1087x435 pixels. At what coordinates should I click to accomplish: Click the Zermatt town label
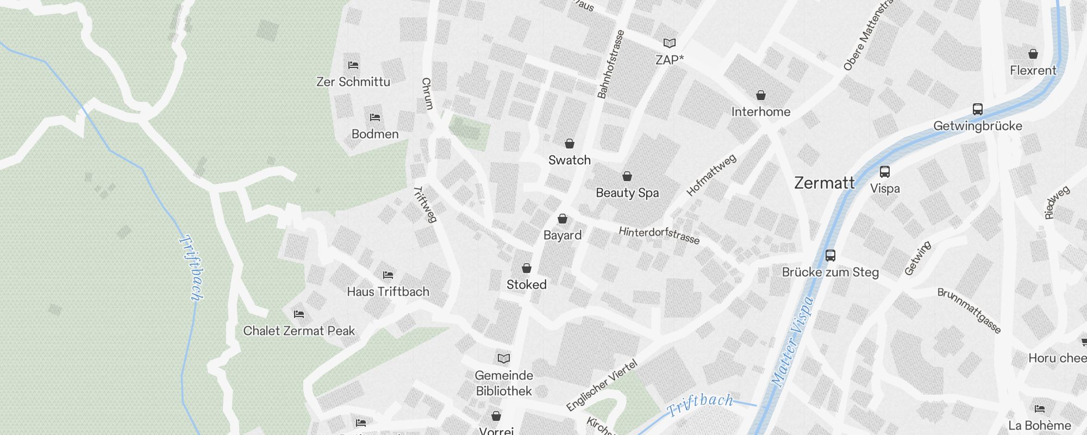point(824,183)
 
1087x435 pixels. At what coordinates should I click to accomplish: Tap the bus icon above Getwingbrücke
point(977,109)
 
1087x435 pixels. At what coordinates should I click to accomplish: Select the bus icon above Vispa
point(885,172)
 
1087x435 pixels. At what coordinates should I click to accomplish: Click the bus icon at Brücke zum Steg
point(830,256)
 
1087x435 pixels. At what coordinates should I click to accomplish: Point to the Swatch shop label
point(569,160)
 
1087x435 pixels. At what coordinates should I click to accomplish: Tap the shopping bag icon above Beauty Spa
point(627,177)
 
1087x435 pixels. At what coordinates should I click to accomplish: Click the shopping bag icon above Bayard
point(563,219)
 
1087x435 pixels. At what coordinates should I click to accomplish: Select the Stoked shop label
point(526,285)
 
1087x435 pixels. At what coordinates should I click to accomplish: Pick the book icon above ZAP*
point(670,43)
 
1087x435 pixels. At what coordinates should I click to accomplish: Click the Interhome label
point(760,112)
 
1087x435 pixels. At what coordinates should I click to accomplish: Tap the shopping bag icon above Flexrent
point(1033,54)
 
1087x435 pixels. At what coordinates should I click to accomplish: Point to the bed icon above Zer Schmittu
point(353,65)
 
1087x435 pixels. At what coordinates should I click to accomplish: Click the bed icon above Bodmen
point(374,117)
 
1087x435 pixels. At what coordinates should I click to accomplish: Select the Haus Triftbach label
point(388,292)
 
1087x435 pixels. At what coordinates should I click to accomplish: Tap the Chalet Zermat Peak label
point(298,331)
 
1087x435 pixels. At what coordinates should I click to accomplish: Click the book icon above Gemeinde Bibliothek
point(504,359)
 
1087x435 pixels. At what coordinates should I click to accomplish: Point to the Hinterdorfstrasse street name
point(659,235)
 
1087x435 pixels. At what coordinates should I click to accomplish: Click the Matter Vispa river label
point(793,341)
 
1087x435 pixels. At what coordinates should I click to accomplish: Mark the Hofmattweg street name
point(711,175)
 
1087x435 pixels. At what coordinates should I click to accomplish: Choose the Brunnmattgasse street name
point(969,310)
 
